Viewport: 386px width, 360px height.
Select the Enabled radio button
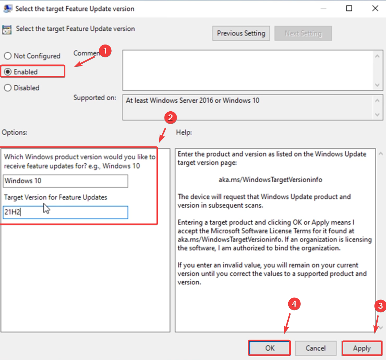8,72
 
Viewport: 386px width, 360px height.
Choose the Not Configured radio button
8,56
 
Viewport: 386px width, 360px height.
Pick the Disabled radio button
8,88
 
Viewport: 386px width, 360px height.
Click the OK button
269,348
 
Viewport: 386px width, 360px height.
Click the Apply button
362,348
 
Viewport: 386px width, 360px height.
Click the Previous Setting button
241,33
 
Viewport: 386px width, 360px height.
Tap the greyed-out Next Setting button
303,33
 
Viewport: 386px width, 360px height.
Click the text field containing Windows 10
65,181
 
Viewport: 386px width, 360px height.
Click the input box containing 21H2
65,212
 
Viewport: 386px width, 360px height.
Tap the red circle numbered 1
105,51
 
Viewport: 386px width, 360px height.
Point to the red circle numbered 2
170,118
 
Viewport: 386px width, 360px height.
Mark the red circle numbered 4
294,304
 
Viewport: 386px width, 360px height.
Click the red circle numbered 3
380,306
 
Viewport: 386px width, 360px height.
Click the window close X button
375,8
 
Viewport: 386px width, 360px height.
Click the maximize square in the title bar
349,8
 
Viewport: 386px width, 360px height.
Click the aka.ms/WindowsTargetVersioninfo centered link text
270,180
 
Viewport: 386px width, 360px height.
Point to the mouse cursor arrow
46,209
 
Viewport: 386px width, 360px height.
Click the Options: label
15,132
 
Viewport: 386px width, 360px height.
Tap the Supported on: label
95,98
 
